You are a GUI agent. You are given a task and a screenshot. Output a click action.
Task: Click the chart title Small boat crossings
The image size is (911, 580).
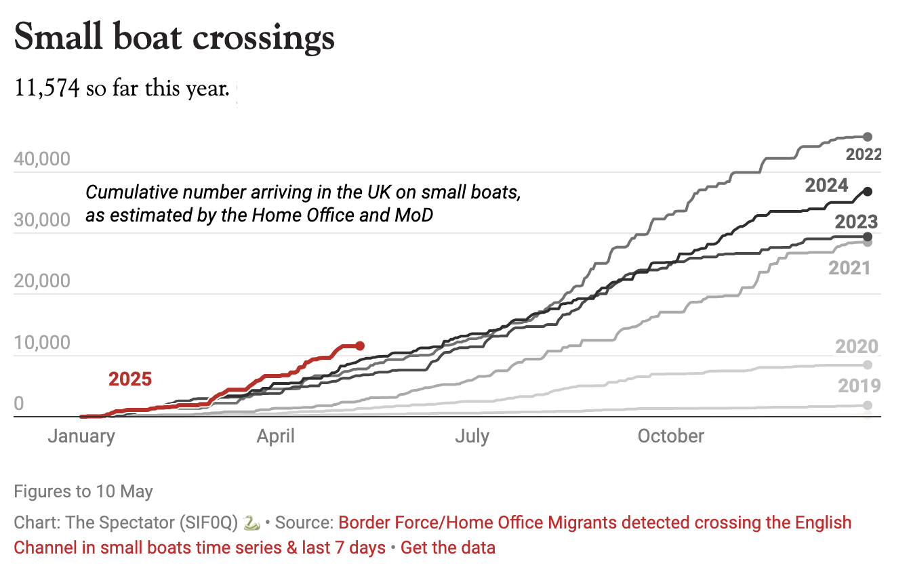pos(174,38)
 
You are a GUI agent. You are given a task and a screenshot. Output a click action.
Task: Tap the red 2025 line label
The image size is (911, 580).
pos(130,379)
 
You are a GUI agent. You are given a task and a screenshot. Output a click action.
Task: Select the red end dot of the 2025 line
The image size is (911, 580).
pos(360,346)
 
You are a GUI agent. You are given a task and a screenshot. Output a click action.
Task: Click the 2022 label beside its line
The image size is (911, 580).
pos(862,154)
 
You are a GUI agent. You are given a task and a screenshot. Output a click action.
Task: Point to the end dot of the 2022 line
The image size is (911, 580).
pos(868,137)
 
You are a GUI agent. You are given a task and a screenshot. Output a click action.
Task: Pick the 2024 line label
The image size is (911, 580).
pos(826,186)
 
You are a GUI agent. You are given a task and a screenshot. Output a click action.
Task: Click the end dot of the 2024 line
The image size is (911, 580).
pos(868,192)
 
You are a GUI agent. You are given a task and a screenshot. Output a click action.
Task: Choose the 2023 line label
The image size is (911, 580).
pos(856,222)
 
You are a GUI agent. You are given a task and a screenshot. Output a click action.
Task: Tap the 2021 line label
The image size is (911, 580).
pos(849,268)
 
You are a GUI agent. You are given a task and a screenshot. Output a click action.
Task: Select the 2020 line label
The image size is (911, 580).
pos(857,347)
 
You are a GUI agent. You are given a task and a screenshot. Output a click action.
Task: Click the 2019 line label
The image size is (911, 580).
pos(859,386)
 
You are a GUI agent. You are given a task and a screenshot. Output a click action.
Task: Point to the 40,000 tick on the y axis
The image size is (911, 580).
pos(42,159)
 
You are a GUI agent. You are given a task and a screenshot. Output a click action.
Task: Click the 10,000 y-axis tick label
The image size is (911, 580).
pos(42,343)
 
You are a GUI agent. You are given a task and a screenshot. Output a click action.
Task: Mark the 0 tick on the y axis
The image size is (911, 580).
pos(19,404)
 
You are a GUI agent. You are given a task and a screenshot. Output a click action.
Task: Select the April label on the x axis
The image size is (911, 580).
pos(275,436)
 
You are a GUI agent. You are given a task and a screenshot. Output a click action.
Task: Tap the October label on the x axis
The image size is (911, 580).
pos(671,436)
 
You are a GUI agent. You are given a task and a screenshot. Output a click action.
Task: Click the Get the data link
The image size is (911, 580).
pos(447,547)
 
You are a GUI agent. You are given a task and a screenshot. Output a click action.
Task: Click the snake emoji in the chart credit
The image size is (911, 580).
pos(251,523)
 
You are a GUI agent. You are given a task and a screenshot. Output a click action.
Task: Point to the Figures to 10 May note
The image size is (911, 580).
pos(83,491)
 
